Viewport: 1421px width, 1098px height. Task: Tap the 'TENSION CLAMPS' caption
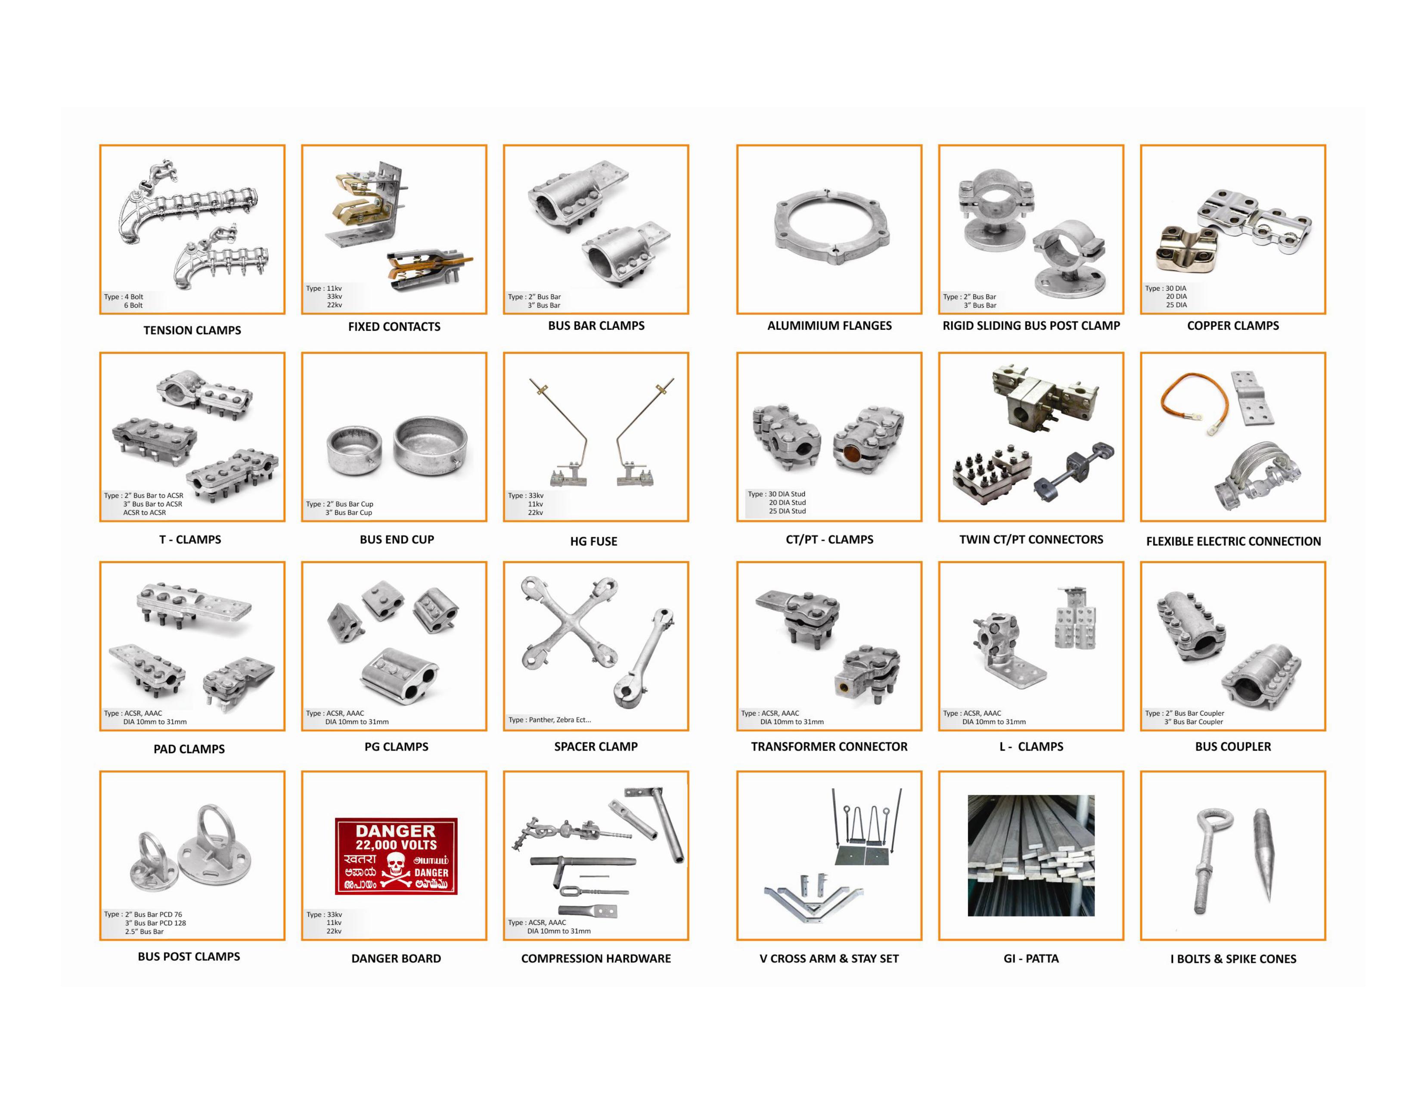tap(192, 330)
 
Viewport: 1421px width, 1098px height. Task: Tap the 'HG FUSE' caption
tap(593, 541)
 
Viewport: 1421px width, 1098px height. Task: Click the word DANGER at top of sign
tap(396, 831)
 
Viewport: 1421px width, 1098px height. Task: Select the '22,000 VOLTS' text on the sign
tap(396, 844)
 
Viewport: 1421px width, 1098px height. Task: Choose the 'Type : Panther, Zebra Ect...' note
tap(550, 720)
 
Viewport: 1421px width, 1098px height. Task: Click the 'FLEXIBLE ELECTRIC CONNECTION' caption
tap(1234, 541)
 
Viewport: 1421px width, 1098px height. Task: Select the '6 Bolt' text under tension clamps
tap(133, 305)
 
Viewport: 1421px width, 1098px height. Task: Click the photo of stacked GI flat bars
tap(1031, 856)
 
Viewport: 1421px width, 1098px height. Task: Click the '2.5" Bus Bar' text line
tap(144, 931)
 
